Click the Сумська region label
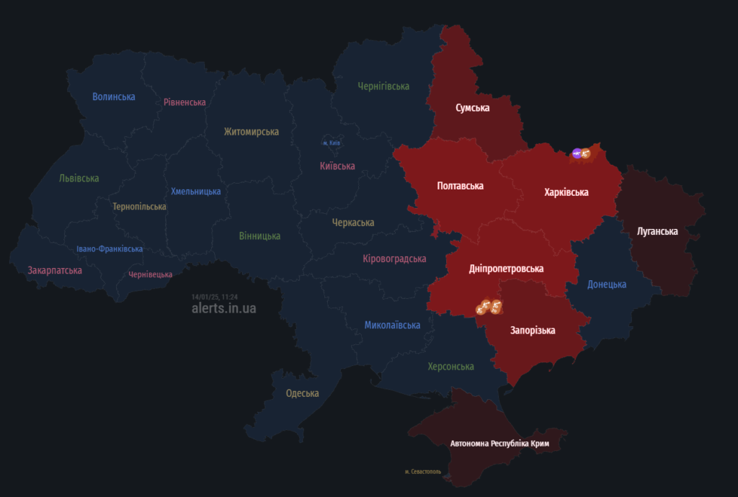click(472, 108)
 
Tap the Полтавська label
click(460, 186)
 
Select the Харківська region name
click(566, 192)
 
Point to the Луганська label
click(657, 231)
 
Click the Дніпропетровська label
click(506, 269)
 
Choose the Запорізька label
click(533, 331)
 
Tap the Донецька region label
click(607, 285)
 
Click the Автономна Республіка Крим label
click(499, 444)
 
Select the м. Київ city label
click(332, 143)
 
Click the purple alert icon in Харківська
click(577, 153)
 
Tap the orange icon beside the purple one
click(585, 153)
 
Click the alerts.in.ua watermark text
click(223, 308)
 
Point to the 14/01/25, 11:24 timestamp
click(215, 296)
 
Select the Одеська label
click(302, 393)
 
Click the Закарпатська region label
click(55, 271)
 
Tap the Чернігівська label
click(383, 86)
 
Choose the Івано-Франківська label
click(110, 249)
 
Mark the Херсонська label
click(450, 367)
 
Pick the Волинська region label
click(114, 97)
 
